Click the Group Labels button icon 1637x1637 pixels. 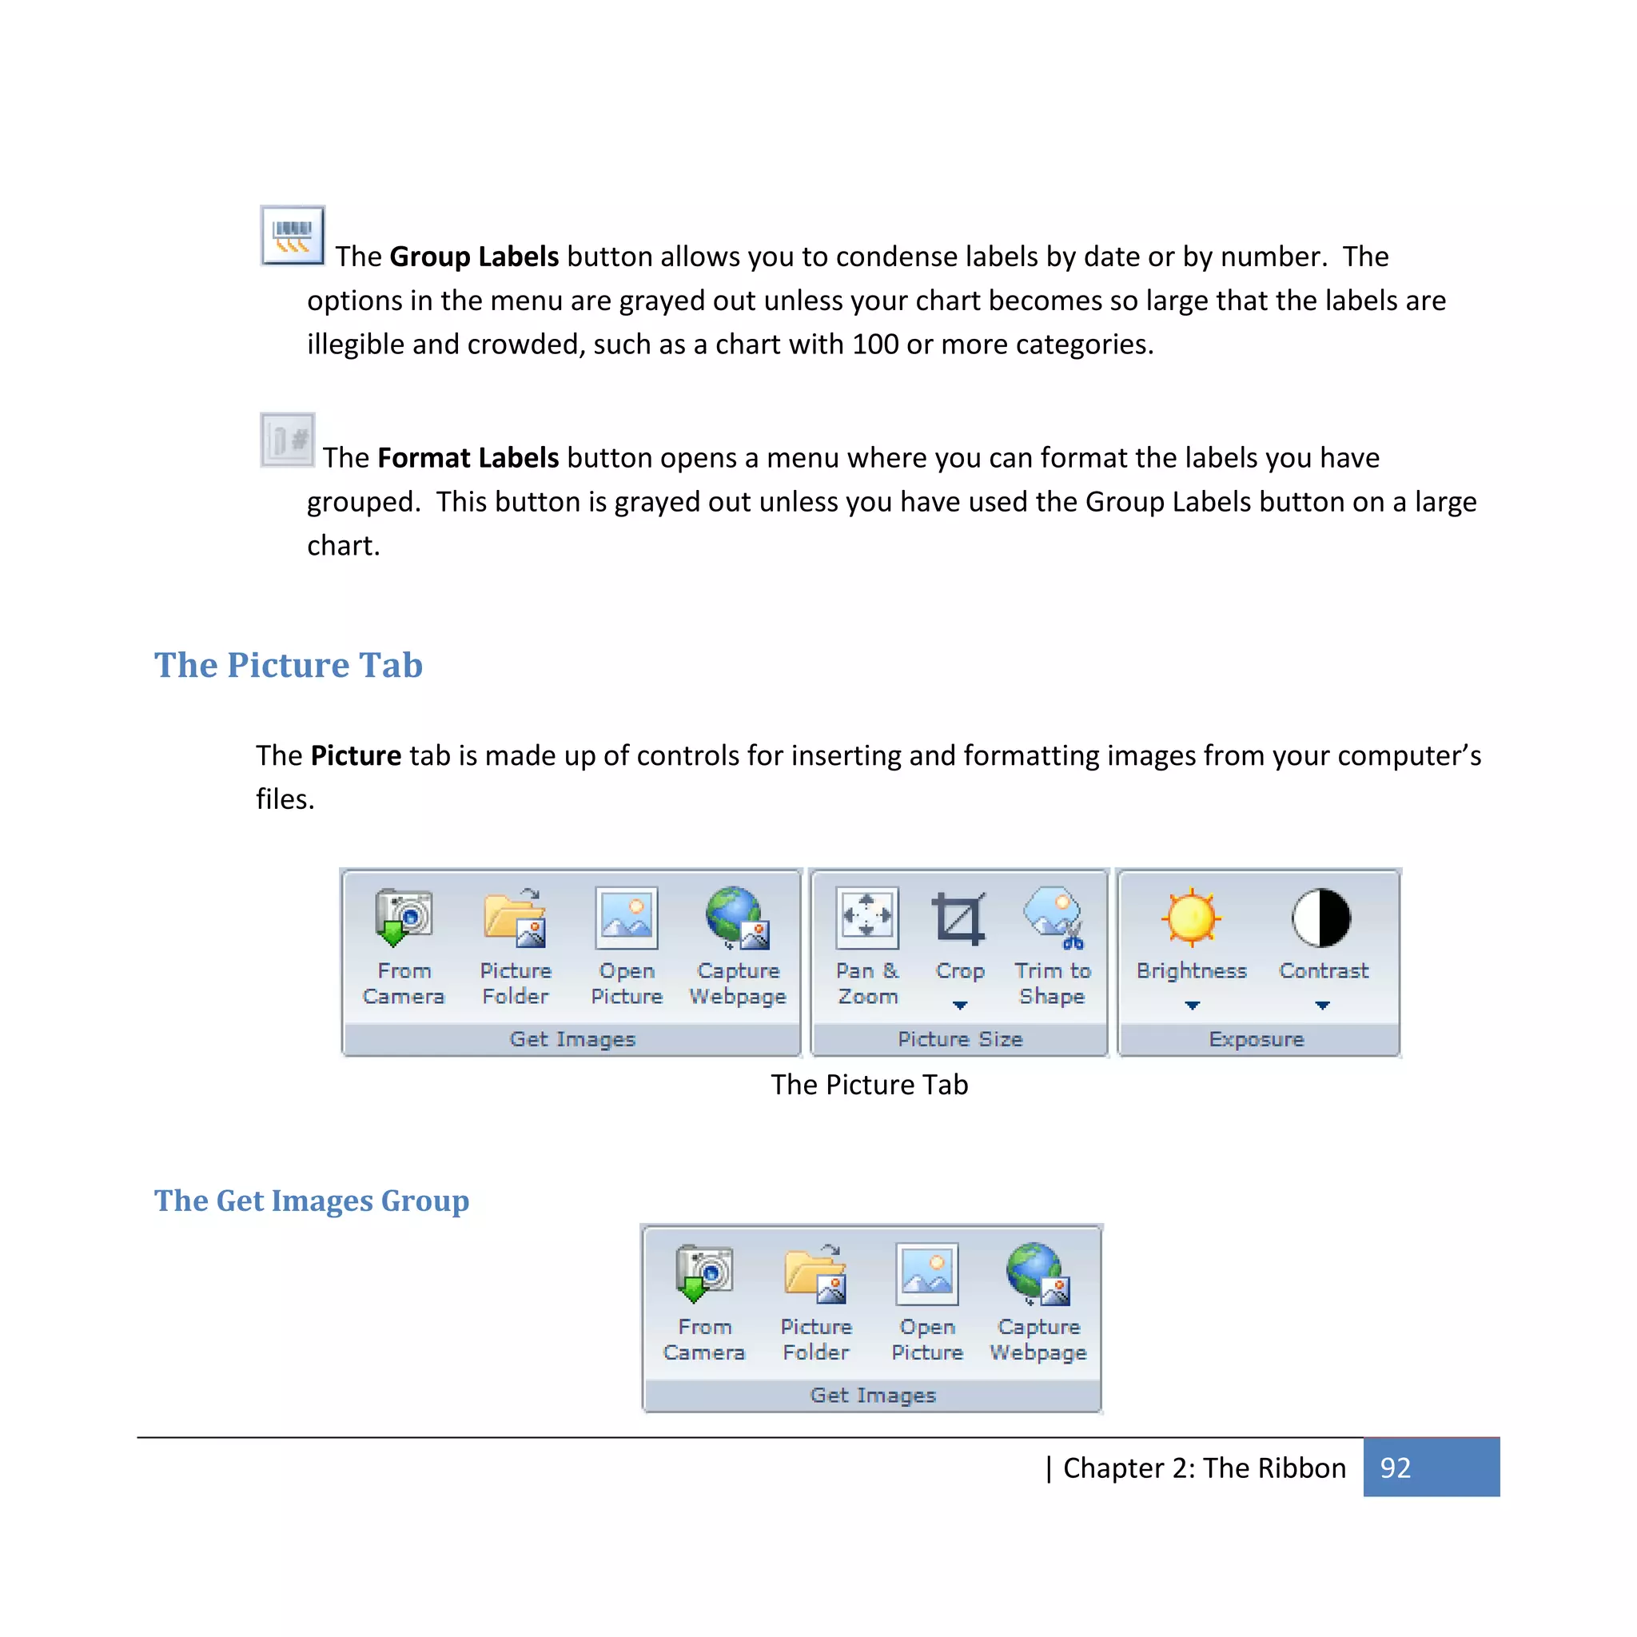293,236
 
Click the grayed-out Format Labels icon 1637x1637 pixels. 287,440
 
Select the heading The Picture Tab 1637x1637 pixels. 288,665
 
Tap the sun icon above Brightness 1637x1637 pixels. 1191,918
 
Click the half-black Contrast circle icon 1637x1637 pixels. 1321,918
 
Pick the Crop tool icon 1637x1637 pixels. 959,918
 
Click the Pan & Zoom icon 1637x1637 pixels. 866,918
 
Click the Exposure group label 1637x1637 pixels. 1256,1040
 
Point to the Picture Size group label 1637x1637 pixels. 960,1040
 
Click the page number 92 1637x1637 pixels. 1395,1468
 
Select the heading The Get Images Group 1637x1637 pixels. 311,1201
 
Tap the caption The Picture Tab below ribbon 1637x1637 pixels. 869,1085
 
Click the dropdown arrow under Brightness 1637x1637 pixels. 1192,1006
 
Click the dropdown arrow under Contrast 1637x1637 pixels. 1322,1006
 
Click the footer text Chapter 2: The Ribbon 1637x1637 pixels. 1203,1468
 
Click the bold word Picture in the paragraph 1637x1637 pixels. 356,756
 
